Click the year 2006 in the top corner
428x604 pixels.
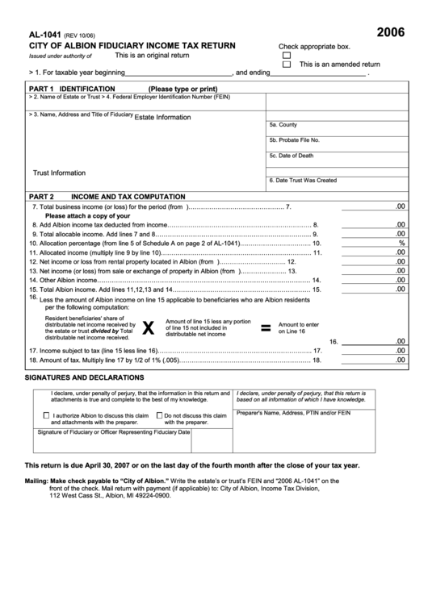[391, 34]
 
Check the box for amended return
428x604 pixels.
[286, 64]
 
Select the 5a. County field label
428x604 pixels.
[283, 125]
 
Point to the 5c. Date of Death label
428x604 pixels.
[292, 156]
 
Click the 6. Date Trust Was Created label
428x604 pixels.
[303, 181]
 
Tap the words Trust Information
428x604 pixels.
[59, 173]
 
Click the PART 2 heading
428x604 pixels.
[41, 196]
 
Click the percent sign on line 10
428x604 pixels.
[401, 243]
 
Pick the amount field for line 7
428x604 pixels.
[373, 207]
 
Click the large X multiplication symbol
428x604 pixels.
[148, 327]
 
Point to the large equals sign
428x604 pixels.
[264, 327]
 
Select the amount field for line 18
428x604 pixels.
[373, 360]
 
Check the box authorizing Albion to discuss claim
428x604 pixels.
[45, 415]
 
